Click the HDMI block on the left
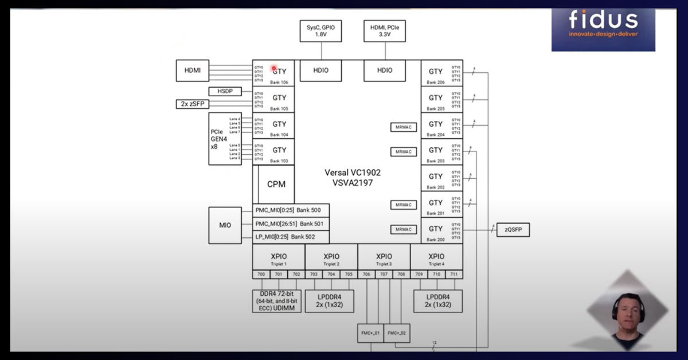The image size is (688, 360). [x=193, y=71]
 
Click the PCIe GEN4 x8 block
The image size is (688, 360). [x=217, y=139]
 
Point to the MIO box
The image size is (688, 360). [x=225, y=225]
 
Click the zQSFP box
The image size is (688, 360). [x=513, y=230]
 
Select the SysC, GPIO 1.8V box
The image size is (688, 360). [x=320, y=30]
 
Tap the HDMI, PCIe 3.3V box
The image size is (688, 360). [x=385, y=30]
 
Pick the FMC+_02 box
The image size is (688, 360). [x=397, y=333]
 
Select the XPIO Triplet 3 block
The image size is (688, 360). [x=384, y=259]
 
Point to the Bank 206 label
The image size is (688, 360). [x=436, y=82]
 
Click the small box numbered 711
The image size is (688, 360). [x=453, y=275]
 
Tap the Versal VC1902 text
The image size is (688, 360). [x=353, y=172]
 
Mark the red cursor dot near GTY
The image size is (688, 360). [x=275, y=68]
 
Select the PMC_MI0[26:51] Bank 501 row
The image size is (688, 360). [x=291, y=224]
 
